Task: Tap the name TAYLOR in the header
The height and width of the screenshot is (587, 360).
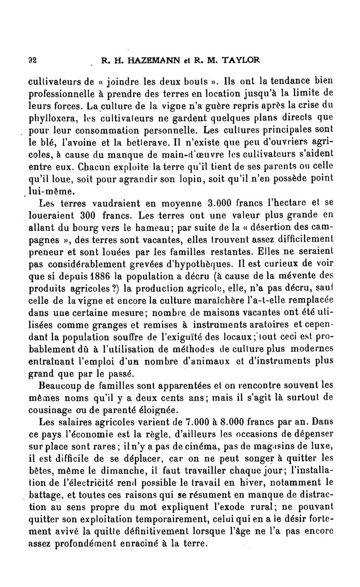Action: (x=238, y=60)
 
